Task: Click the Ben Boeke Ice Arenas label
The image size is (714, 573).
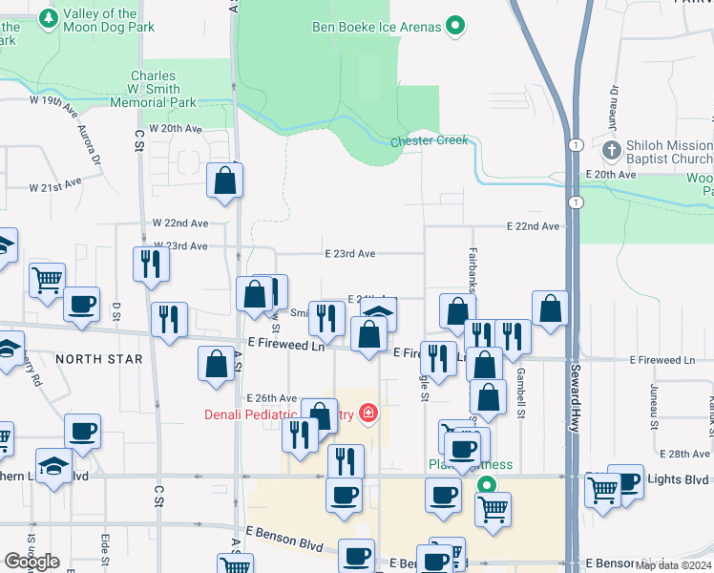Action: [377, 27]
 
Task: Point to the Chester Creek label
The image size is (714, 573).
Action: [429, 141]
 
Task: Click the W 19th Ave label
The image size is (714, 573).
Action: [54, 100]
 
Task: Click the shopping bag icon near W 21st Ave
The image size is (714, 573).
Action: [224, 181]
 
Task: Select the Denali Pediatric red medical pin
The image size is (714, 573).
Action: [367, 414]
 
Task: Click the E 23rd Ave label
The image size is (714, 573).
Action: [349, 254]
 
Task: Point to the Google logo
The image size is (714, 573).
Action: [32, 562]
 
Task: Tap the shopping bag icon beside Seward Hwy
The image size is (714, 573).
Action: [551, 309]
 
